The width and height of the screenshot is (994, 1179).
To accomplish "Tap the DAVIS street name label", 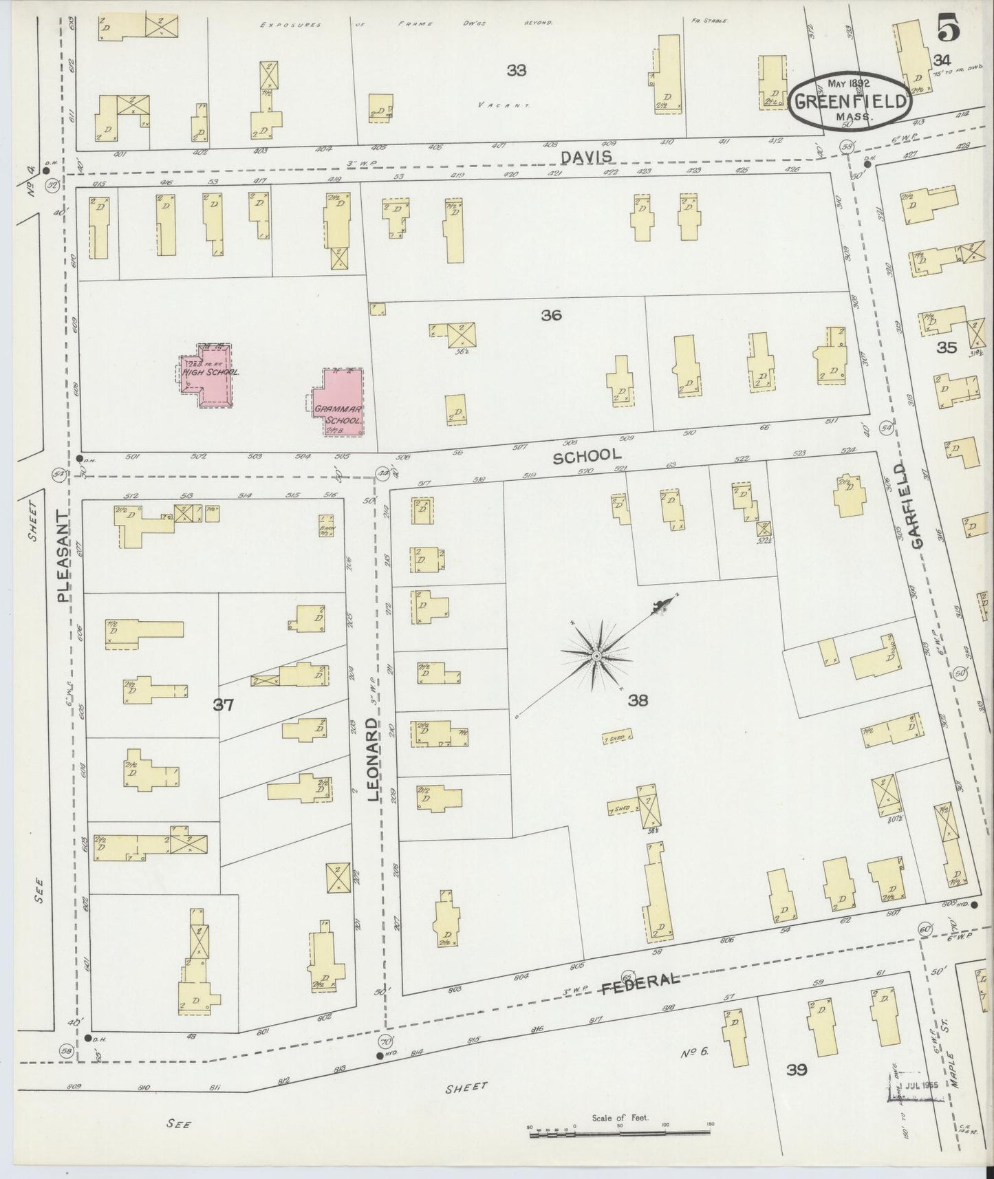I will [585, 157].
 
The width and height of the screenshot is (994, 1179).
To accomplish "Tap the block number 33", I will [516, 69].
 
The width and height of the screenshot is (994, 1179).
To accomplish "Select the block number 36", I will [551, 315].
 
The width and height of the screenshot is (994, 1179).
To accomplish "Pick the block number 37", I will [224, 704].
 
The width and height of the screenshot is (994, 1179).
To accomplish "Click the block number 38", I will [638, 701].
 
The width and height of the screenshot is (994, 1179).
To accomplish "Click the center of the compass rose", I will [596, 658].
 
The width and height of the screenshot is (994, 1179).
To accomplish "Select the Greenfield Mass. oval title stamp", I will [850, 100].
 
